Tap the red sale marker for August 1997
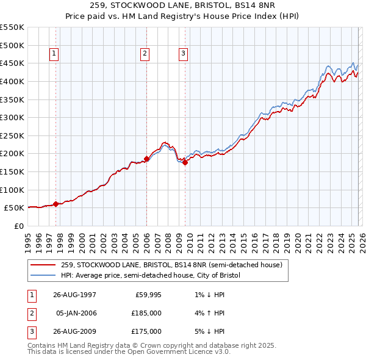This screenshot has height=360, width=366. pos(56,204)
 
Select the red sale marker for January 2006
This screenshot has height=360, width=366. pos(146,159)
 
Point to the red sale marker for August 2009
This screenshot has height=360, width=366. pos(185,162)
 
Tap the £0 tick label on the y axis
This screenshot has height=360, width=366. pos(18,226)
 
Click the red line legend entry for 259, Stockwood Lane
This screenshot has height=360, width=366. pos(171,265)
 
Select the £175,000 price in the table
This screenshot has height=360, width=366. pos(146,331)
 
